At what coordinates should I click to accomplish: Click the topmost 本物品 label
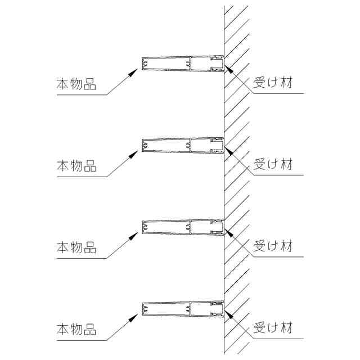click(76, 85)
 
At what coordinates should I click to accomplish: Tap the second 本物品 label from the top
click(76, 166)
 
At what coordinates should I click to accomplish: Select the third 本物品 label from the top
click(76, 247)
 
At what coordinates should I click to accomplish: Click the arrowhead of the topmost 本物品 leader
click(136, 70)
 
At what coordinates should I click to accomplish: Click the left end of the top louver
click(143, 64)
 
